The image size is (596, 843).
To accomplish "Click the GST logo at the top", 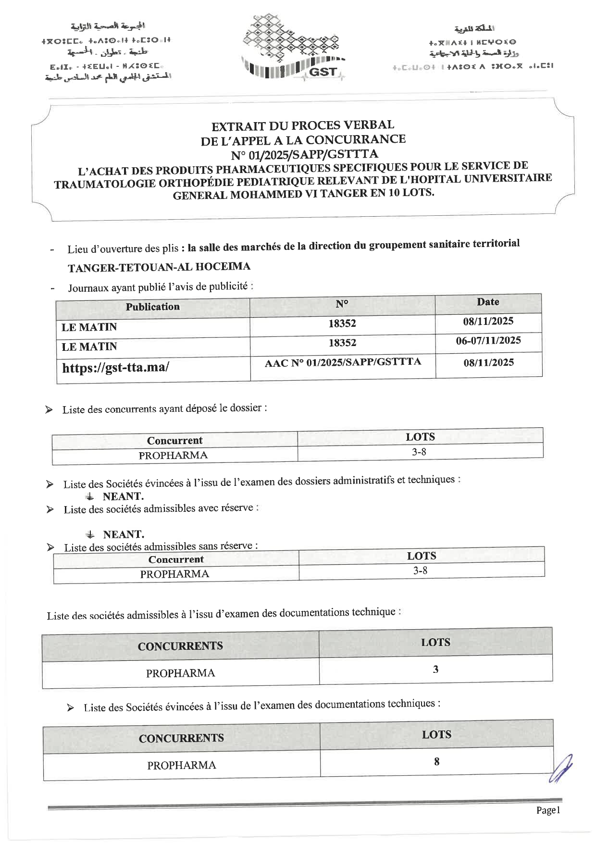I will (292, 48).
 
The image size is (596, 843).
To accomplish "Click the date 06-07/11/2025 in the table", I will (488, 341).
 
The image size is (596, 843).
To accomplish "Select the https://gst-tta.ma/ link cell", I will (115, 368).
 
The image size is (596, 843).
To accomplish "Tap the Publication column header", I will (153, 307).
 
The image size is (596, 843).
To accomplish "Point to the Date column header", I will (488, 302).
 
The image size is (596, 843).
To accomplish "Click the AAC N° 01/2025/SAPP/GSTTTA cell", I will (343, 362).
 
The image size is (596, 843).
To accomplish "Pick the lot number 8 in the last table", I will (436, 762).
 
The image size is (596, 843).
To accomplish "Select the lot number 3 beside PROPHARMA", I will (435, 669).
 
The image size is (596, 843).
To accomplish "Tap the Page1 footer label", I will (548, 810).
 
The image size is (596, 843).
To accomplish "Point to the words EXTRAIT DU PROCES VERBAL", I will (303, 125).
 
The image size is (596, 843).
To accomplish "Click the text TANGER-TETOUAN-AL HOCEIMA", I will (159, 267).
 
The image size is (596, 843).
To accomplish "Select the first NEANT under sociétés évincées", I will (123, 496).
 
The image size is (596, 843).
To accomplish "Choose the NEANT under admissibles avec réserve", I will (124, 534).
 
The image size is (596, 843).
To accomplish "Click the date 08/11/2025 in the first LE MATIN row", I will (488, 321).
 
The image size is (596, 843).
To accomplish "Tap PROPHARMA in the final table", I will (182, 765).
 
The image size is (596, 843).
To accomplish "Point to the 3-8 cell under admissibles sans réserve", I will (421, 570).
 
